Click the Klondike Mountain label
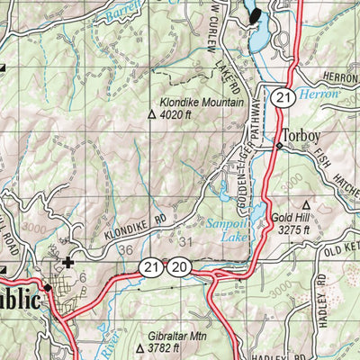tap(203, 103)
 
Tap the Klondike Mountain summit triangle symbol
tap(151, 115)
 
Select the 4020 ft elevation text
tap(176, 115)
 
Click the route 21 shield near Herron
tap(283, 96)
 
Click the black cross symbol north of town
tap(68, 263)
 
